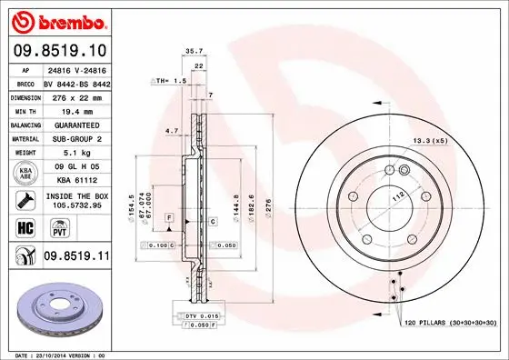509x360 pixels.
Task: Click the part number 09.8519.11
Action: pyautogui.click(x=75, y=258)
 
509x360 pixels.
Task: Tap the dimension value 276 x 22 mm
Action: pyautogui.click(x=78, y=95)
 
